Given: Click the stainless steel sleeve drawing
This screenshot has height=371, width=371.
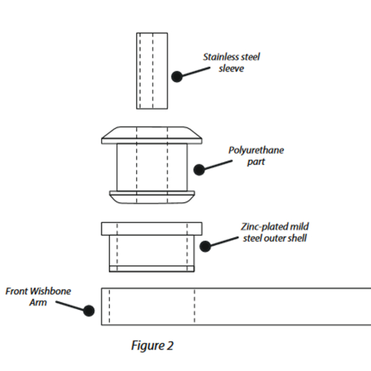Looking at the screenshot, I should click(x=151, y=70).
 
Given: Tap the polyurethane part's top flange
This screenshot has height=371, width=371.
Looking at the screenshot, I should click(x=151, y=135).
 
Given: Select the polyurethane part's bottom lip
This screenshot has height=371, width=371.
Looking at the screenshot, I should click(x=151, y=196).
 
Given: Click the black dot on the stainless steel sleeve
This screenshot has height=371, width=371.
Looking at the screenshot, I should click(x=177, y=77).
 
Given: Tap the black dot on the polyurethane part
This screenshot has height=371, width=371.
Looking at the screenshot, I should click(x=199, y=169).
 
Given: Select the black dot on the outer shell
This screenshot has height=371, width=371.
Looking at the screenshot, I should click(x=206, y=246).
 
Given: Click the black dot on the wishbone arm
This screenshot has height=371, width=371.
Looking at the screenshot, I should click(x=89, y=310).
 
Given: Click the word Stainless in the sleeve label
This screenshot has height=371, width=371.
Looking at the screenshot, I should click(x=221, y=58).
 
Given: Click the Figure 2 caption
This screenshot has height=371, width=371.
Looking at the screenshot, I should click(x=152, y=346).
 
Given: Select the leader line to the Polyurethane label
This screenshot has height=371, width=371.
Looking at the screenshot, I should click(x=220, y=164).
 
